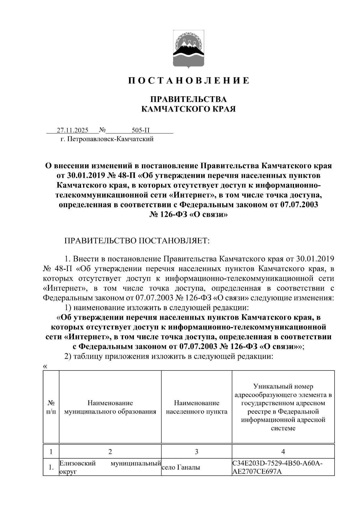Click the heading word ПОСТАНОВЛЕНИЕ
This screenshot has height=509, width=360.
pos(188,81)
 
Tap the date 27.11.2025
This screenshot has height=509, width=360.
pos(73,130)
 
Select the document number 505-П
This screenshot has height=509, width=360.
pos(140,130)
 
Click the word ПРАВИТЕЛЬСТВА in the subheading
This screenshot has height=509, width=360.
pos(188,99)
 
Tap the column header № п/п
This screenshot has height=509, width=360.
pos(51,407)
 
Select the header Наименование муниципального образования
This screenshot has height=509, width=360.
pos(110,407)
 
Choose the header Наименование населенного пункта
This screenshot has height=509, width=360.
pos(196,407)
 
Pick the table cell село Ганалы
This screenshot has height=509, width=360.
pos(181,467)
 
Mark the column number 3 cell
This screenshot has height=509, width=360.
pos(196,452)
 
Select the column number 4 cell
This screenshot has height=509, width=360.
pos(283,452)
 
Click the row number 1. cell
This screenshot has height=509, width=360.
pos(51,468)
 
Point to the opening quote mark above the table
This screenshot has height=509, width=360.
pos(45,367)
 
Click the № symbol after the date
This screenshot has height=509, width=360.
pos(102,130)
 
